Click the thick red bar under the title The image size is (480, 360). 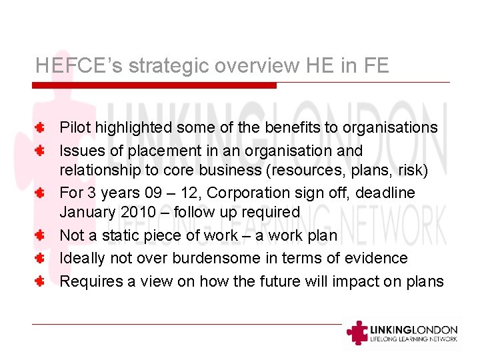pos(154,85)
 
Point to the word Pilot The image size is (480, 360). pos(75,127)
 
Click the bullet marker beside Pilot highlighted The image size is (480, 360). pos(40,127)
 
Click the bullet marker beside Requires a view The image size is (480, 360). pos(40,281)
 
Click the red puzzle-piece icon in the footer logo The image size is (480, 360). pos(358,332)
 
